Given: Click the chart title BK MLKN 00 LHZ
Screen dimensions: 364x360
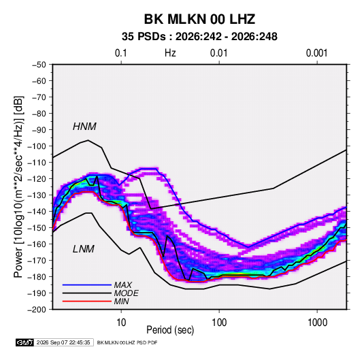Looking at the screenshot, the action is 199,19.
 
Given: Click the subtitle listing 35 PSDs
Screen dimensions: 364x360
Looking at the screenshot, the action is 199,37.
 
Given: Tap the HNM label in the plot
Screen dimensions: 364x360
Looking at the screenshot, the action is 84,127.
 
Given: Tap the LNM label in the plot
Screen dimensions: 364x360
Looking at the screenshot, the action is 84,249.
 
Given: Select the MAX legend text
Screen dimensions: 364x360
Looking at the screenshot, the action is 123,284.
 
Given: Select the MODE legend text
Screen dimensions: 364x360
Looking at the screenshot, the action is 127,293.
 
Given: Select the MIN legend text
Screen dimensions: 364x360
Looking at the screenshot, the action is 121,301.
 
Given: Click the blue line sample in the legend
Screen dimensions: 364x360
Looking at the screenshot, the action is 87,284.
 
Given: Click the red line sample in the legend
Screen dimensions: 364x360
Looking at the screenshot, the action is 87,301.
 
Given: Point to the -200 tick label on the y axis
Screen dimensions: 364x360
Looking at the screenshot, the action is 37,310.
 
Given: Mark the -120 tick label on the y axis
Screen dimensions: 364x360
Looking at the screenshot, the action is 37,179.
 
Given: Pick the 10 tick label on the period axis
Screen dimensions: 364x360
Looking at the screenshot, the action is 121,322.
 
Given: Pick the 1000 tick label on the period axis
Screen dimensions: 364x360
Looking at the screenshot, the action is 317,322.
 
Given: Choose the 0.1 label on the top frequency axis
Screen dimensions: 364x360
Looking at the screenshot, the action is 121,53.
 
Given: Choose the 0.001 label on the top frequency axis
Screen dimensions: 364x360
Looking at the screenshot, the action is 317,53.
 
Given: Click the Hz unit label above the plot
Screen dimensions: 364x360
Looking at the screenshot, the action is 170,53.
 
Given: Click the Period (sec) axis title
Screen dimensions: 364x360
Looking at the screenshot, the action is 170,330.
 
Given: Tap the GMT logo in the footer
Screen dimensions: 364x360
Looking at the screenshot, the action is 25,342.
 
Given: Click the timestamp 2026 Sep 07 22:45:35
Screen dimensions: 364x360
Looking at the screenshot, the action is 63,342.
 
